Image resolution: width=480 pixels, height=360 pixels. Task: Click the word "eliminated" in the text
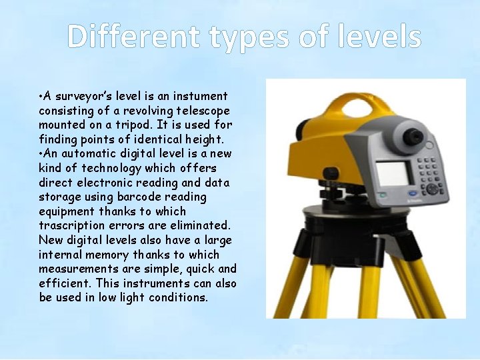click(199, 226)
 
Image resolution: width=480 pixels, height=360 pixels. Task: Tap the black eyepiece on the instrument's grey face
click(415, 137)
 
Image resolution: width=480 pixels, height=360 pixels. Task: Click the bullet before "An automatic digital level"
click(41, 154)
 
